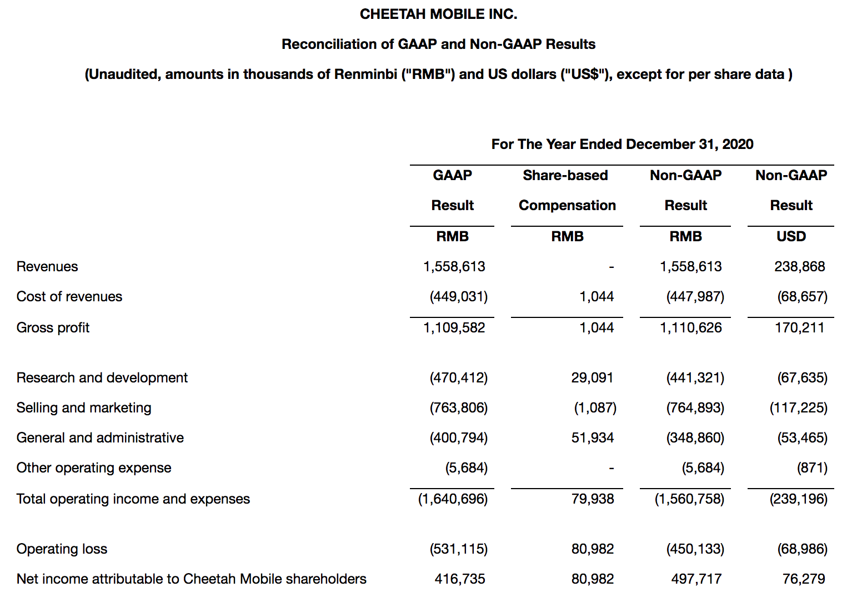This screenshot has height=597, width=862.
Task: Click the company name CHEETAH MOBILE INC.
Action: (438, 14)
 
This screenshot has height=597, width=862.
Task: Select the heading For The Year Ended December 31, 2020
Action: (622, 145)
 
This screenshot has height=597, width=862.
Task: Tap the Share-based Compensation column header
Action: (567, 190)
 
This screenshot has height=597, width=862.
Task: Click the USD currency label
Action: (791, 237)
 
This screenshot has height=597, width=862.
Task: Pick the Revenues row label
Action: (47, 267)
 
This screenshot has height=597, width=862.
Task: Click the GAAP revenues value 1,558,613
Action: (454, 267)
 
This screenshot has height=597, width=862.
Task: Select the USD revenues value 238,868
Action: (799, 267)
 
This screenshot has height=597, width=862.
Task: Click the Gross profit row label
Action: (53, 328)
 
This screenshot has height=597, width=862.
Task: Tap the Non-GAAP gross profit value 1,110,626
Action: (690, 328)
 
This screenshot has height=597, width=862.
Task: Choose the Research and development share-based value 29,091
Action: (592, 378)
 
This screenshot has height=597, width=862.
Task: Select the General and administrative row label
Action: (100, 438)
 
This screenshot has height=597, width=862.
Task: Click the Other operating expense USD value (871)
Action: (812, 468)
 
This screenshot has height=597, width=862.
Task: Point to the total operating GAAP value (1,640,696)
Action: (453, 499)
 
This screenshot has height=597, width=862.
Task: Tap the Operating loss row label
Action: (62, 549)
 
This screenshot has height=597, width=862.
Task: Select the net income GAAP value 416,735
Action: (459, 579)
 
